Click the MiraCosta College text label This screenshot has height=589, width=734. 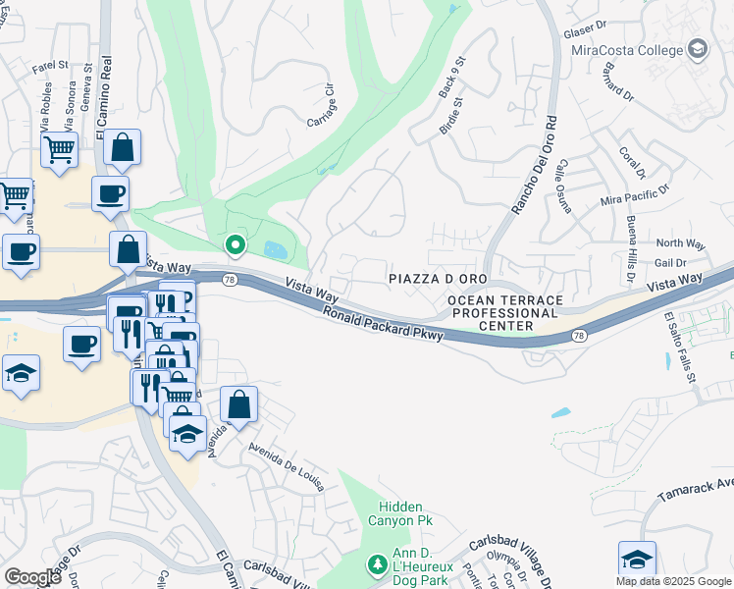(626, 49)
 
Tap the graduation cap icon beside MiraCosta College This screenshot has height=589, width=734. (698, 48)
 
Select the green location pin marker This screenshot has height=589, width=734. (235, 245)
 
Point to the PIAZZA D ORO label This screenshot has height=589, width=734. (438, 280)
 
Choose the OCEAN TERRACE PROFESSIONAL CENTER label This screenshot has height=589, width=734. (506, 312)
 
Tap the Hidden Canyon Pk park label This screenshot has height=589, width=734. (399, 513)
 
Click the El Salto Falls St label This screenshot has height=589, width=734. (679, 348)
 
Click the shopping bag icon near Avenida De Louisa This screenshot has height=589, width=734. (238, 403)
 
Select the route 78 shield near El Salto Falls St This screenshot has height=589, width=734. (580, 337)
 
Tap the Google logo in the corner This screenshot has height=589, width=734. (33, 576)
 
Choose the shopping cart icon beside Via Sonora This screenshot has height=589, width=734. (59, 151)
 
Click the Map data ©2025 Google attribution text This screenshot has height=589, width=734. (673, 581)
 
